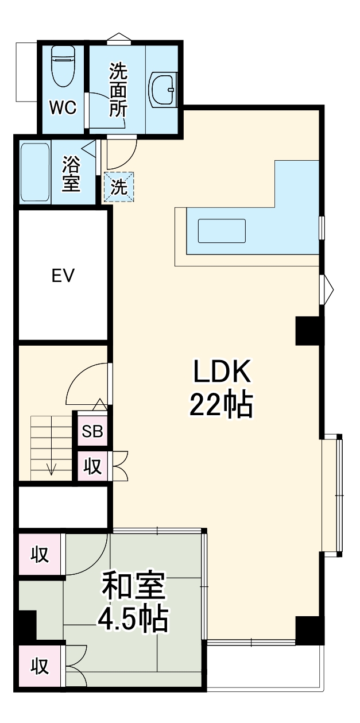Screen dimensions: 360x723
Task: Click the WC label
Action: point(63,107)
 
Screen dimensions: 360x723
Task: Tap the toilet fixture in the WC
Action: point(63,66)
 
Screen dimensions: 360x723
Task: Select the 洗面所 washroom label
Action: point(118,90)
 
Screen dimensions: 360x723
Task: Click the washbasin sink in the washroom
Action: point(163,90)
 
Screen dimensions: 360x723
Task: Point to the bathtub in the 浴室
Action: point(35,172)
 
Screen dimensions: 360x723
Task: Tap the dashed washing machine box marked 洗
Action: point(119,187)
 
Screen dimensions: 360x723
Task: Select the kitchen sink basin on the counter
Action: point(222,231)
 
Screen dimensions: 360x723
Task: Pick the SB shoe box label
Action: point(92,431)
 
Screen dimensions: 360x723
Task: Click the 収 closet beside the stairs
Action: point(92,466)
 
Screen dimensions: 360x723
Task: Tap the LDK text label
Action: point(222,371)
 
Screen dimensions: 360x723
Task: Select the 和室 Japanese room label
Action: point(133,585)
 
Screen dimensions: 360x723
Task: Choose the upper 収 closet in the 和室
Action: point(40,554)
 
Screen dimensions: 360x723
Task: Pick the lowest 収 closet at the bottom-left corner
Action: point(40,666)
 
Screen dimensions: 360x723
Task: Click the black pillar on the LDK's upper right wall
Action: point(308,331)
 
